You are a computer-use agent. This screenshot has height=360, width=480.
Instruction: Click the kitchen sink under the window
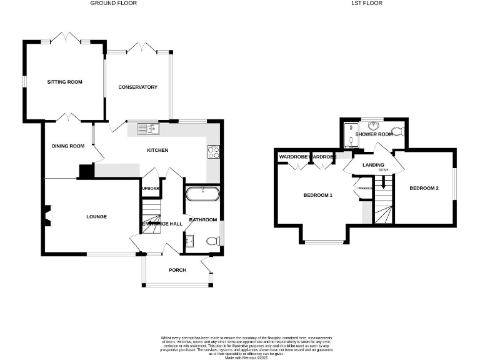point(149,129)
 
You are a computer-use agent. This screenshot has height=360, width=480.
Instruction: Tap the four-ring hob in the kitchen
point(212,150)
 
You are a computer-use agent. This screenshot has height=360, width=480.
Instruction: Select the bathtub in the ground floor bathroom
point(202,193)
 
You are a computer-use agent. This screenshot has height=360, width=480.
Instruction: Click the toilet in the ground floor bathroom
point(212,241)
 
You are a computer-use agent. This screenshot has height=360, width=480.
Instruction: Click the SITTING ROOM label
point(65,82)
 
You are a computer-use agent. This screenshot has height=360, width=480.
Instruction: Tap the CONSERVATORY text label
point(137,87)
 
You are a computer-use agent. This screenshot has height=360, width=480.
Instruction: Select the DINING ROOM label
point(68,146)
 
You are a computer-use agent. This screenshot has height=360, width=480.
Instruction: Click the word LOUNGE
point(97,217)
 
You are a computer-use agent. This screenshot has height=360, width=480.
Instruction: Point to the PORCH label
point(177,270)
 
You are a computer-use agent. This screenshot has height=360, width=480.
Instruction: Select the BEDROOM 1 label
point(317,196)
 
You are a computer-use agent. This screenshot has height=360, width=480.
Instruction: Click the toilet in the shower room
point(401,132)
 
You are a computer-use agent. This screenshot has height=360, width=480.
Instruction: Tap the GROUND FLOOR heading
point(113,3)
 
